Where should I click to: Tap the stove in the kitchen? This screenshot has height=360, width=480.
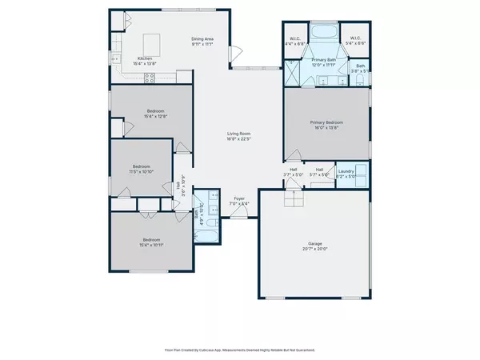pos(150,77)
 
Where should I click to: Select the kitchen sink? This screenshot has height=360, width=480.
pos(116,48)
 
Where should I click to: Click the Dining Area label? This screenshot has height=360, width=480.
pos(202,41)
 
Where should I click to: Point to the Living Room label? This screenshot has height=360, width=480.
pos(238,137)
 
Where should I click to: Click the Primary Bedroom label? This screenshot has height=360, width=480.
pos(326,125)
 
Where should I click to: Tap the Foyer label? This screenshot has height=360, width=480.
pos(238,200)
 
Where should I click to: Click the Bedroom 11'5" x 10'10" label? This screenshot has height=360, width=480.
pos(141,170)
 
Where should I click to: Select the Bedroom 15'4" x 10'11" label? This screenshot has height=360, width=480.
pos(151,242)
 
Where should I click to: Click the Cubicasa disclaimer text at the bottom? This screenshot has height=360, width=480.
pos(239,350)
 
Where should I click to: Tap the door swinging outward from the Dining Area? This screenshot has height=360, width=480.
pos(236,54)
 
